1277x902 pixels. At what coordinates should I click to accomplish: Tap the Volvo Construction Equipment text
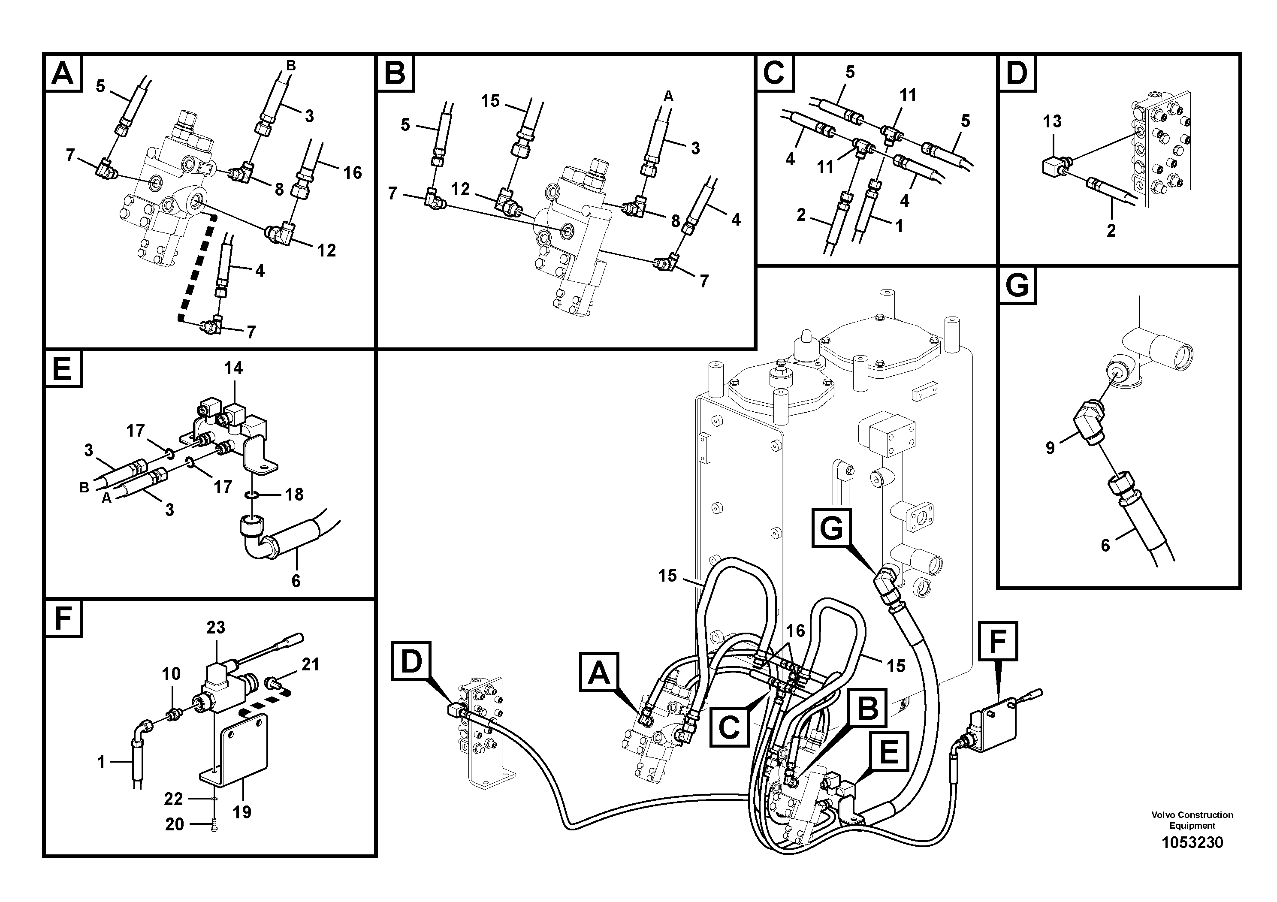[1192, 820]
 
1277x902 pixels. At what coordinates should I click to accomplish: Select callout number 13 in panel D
[1052, 121]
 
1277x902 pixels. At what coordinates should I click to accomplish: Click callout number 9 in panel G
[1050, 448]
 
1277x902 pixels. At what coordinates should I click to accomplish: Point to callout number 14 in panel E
[234, 368]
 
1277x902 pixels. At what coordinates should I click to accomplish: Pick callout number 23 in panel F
[216, 627]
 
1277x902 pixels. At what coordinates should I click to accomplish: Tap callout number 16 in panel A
[352, 173]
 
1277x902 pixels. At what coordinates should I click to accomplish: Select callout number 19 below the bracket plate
[242, 812]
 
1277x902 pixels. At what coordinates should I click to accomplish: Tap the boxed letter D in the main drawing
[411, 660]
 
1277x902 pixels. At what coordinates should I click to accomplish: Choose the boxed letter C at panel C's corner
[775, 73]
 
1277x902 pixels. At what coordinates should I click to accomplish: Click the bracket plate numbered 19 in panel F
[245, 748]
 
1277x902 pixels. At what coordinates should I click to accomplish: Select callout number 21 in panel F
[311, 664]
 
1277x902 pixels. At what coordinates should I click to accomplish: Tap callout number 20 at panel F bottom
[175, 824]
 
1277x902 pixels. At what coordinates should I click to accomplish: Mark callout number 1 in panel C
[899, 226]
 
